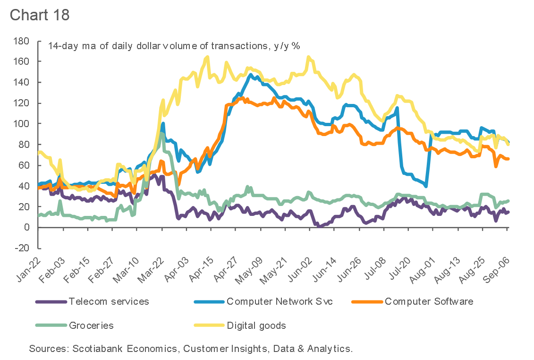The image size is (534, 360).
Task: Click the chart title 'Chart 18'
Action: pos(40,14)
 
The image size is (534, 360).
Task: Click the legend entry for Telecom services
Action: pos(109,301)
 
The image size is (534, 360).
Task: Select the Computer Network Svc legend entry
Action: pos(280,301)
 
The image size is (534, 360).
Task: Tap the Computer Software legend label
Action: pos(429,301)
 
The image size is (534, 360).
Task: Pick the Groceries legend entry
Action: pos(91,326)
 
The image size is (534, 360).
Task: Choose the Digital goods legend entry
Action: pos(256,326)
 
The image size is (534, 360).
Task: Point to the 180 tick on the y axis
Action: pos(22,41)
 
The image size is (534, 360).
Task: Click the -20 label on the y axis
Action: pos(22,248)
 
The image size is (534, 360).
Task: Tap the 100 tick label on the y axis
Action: pos(22,124)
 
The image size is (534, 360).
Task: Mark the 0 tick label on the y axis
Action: pos(27,227)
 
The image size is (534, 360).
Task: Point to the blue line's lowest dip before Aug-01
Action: pos(426,186)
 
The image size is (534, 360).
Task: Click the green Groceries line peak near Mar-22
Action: pos(161,134)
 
